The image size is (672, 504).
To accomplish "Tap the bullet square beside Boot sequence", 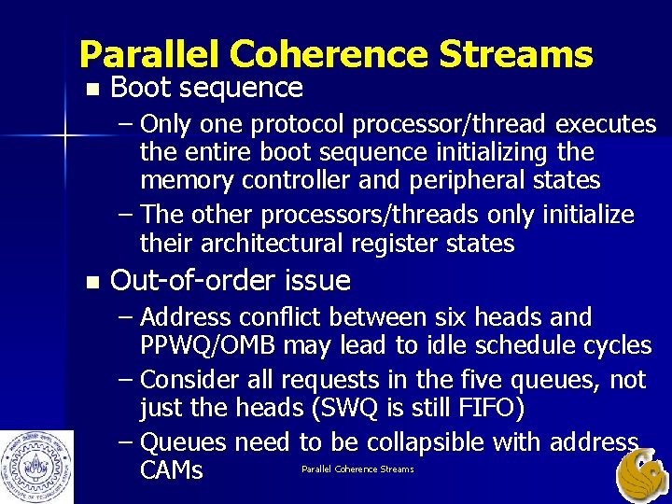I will [x=90, y=90].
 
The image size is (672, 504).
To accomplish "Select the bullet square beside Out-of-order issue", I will [x=90, y=282].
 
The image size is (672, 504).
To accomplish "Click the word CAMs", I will [x=171, y=469].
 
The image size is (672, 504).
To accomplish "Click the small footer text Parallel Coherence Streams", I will [x=357, y=469].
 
